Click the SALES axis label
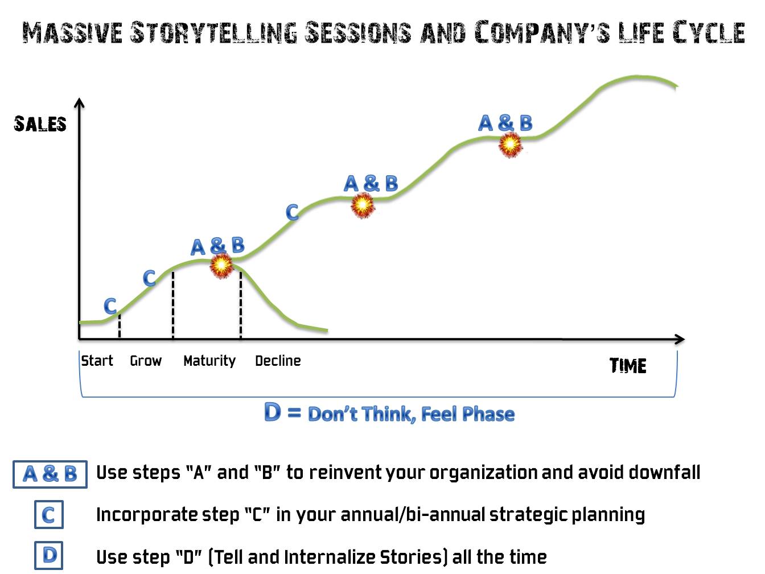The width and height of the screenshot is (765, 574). click(x=40, y=124)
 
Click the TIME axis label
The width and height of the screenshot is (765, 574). click(x=628, y=366)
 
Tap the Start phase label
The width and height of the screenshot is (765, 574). click(x=97, y=361)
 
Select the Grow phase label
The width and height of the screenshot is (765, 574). click(x=146, y=361)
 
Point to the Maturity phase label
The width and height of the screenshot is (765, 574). click(x=209, y=361)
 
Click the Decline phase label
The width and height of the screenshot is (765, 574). click(x=278, y=361)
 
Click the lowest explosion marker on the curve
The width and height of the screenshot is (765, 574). click(x=221, y=266)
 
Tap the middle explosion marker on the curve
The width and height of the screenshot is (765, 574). click(x=363, y=205)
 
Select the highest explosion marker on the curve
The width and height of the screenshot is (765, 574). click(x=510, y=144)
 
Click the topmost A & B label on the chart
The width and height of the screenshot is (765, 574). click(x=505, y=123)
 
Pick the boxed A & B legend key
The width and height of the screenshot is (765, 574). click(x=50, y=474)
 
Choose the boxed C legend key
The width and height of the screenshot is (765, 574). click(x=49, y=514)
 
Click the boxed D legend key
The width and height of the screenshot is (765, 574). click(x=49, y=555)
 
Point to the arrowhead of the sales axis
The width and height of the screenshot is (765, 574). click(x=80, y=102)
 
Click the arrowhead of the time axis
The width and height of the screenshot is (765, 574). click(x=680, y=339)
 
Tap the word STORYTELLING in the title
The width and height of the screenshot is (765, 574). click(x=213, y=33)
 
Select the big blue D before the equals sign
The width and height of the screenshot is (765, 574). click(x=273, y=412)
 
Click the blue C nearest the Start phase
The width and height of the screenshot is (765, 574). click(x=110, y=306)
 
